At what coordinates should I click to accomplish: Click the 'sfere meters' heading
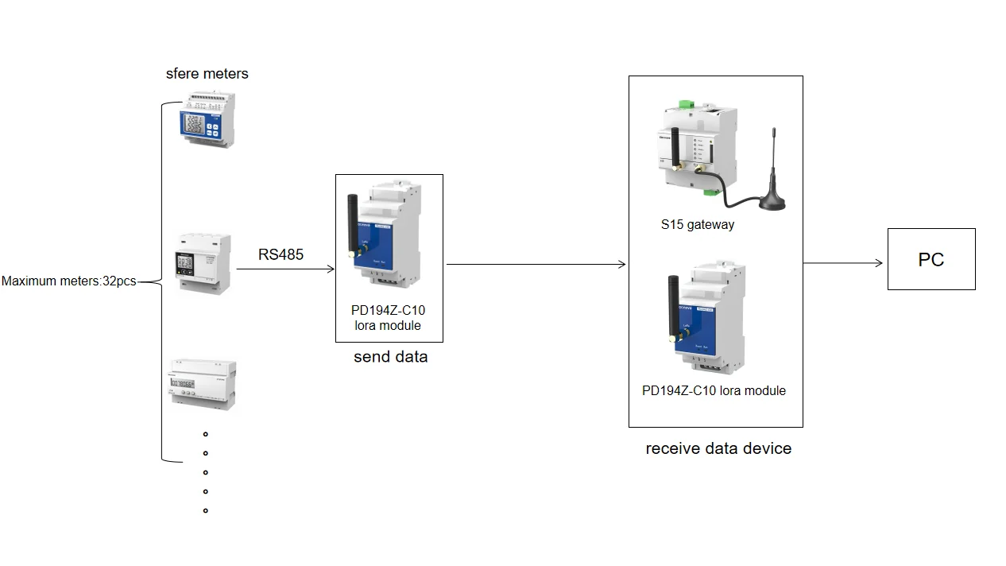tap(207, 74)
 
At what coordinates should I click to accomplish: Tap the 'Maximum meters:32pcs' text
tap(68, 281)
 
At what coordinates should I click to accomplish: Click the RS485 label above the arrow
tap(281, 255)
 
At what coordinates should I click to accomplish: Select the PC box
tap(931, 260)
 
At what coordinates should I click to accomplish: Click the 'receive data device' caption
tap(718, 448)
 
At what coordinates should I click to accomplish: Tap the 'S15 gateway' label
tap(697, 225)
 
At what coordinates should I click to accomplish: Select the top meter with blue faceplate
tap(207, 120)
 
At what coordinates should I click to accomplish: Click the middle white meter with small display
tap(203, 263)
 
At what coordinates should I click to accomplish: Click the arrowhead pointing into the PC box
tap(878, 263)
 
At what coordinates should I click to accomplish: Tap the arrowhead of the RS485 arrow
tap(330, 269)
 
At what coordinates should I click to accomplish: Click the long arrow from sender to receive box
tap(536, 265)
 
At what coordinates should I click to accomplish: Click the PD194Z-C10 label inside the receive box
tap(714, 390)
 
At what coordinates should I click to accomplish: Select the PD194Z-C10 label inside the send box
tap(388, 318)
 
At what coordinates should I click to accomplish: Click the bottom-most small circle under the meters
tap(206, 510)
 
